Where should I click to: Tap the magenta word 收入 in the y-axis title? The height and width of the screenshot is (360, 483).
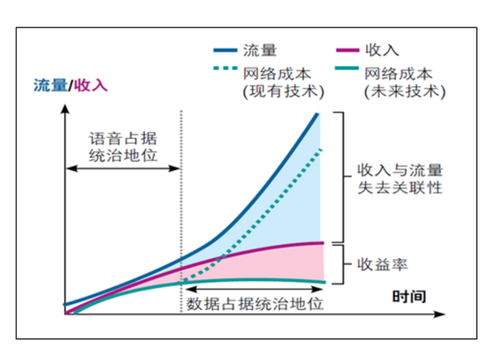[x=92, y=85]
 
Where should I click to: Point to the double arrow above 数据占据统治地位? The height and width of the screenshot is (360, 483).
[x=255, y=288]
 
